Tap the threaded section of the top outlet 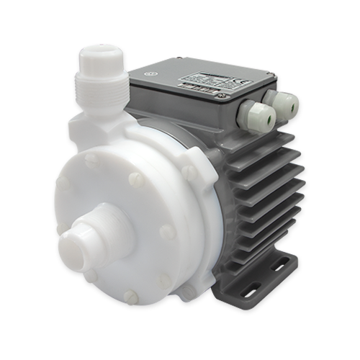(98, 86)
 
